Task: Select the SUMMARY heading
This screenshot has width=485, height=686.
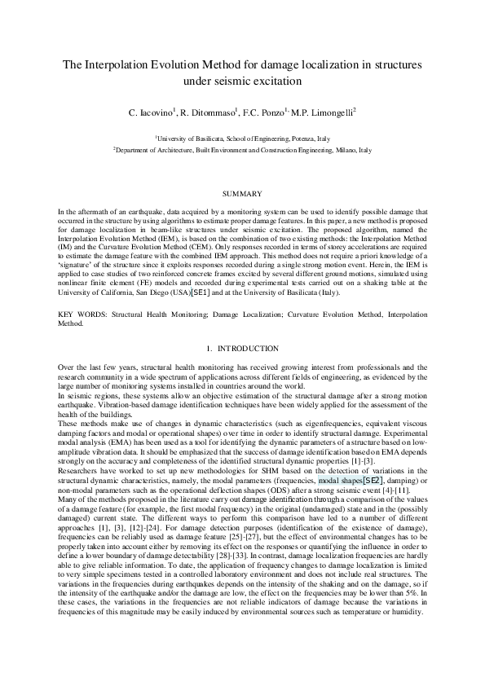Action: click(x=242, y=194)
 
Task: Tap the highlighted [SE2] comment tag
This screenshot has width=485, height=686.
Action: click(x=373, y=458)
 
